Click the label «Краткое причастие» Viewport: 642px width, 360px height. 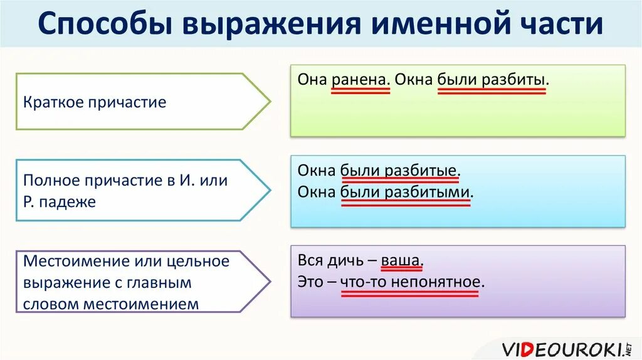95,102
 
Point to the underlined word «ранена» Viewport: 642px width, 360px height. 360,81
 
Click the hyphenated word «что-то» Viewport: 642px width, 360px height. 364,282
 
